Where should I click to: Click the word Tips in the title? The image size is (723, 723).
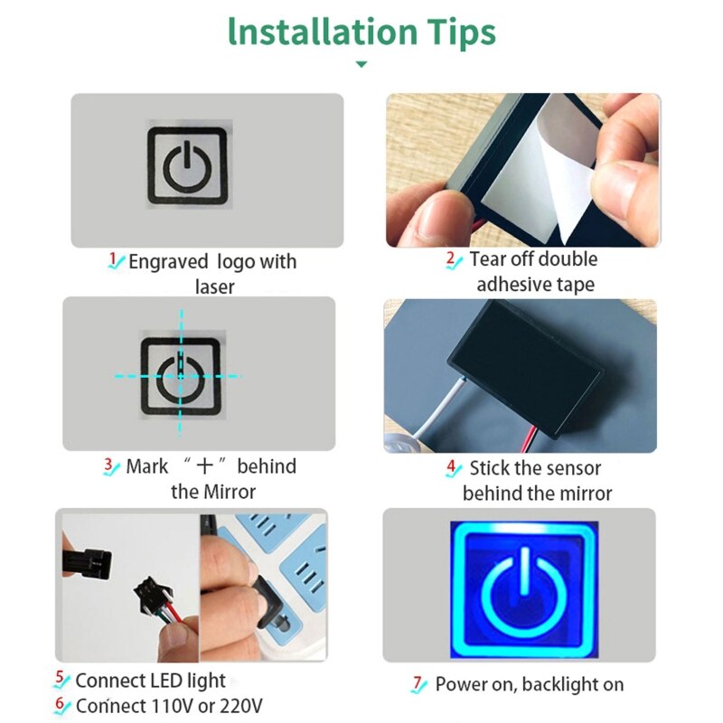tap(456, 32)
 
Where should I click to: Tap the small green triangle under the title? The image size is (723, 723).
tap(361, 65)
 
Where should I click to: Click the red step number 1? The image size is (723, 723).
tap(114, 259)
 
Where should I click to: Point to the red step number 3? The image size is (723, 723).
tap(109, 465)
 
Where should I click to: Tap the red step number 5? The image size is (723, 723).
tap(60, 678)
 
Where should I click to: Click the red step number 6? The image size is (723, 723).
tap(60, 703)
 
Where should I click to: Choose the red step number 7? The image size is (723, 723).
tap(418, 683)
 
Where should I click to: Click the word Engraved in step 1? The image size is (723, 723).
tap(169, 262)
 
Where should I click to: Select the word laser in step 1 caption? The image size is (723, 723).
tap(214, 287)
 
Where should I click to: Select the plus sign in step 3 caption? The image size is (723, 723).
tap(205, 466)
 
